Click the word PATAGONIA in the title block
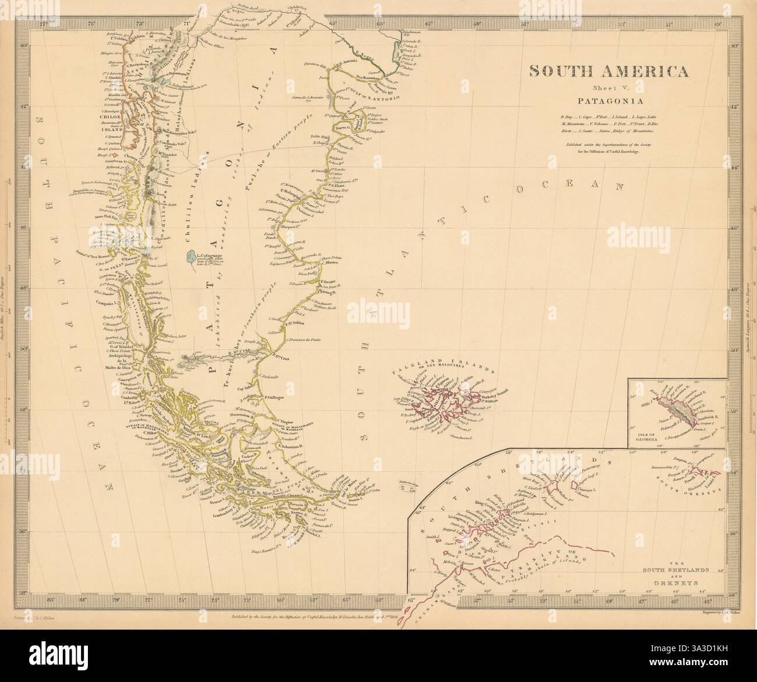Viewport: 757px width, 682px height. point(608,100)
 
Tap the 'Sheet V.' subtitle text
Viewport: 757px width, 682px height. point(608,87)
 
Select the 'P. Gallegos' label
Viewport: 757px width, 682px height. point(274,397)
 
